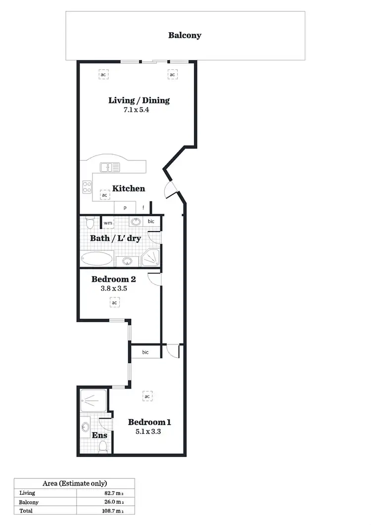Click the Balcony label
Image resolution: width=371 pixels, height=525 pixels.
click(x=185, y=35)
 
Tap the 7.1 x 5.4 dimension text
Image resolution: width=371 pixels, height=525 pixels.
click(x=137, y=110)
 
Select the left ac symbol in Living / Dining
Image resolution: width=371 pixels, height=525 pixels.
click(x=103, y=75)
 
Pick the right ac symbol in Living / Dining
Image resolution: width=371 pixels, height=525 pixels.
click(x=172, y=75)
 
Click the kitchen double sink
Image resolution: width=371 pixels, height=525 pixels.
click(x=110, y=167)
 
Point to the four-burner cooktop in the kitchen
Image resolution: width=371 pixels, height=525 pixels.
click(x=87, y=187)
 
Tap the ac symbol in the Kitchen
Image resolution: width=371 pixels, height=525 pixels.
click(x=105, y=195)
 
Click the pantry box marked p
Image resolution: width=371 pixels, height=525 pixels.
click(x=125, y=208)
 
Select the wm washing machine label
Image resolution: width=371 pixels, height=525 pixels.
click(x=108, y=223)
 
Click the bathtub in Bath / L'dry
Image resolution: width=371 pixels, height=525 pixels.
click(x=97, y=259)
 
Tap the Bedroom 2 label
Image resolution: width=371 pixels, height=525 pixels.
click(x=113, y=279)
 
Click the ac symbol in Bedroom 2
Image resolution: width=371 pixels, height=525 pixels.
click(x=114, y=302)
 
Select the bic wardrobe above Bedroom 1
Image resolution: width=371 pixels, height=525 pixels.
click(x=145, y=352)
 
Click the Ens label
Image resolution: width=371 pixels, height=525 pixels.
click(x=99, y=435)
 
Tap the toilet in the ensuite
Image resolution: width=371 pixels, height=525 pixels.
click(x=103, y=447)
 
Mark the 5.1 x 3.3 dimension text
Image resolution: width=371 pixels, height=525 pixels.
click(x=149, y=431)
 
